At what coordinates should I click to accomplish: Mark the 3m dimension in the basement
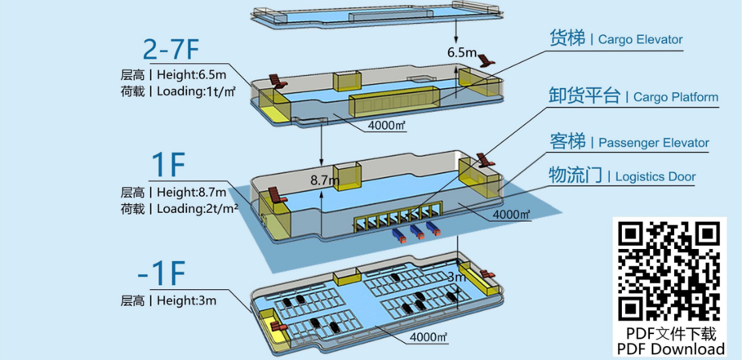point(455,278)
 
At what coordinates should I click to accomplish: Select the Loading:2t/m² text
point(197,209)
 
